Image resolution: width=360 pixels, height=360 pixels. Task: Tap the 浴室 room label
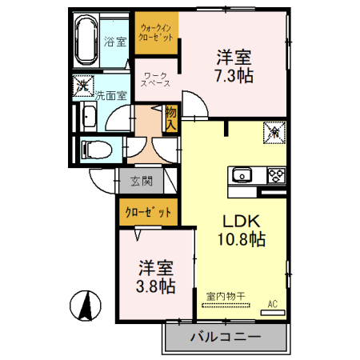115,42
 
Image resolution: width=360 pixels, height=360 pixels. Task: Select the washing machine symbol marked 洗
83,86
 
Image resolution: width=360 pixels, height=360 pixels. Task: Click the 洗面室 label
111,95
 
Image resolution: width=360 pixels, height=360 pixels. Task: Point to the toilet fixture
96,150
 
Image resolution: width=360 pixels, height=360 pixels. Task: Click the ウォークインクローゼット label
156,32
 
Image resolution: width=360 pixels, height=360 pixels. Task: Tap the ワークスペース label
155,79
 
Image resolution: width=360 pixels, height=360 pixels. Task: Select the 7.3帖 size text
234,76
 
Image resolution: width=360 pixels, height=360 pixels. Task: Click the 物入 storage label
171,118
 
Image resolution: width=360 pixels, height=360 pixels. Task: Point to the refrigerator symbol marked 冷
274,133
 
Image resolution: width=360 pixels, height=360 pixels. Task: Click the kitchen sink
242,175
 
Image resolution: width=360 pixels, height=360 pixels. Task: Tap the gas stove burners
277,175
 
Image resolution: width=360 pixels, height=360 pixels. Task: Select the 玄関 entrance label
142,182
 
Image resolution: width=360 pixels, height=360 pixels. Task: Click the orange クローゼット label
148,213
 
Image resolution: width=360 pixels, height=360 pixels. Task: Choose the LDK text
242,221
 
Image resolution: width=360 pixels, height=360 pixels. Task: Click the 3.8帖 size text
156,286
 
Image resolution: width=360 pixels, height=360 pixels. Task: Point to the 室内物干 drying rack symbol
226,305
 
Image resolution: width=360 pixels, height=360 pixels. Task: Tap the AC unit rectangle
273,313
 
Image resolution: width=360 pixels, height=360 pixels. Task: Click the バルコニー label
226,337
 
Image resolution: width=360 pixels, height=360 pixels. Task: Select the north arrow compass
86,306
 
